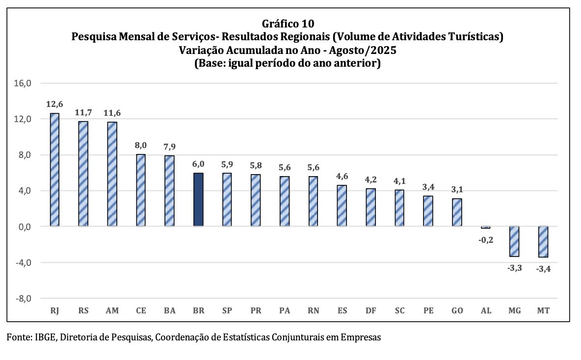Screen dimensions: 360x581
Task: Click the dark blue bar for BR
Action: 198,200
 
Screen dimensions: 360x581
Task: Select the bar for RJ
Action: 54,170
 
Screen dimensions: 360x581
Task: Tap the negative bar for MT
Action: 543,241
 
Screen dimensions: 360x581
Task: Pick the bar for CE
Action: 141,190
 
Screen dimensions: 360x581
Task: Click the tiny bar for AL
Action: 486,228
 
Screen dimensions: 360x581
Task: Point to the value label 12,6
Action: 54,104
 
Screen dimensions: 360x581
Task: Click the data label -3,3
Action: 514,267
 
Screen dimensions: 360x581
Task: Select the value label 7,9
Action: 169,146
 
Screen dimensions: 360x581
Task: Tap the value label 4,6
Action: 342,176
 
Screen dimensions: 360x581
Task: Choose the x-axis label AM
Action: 112,311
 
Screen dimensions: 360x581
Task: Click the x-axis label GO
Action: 457,311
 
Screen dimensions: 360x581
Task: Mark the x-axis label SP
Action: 227,311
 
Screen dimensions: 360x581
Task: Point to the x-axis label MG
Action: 514,311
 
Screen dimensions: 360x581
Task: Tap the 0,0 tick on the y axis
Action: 24,227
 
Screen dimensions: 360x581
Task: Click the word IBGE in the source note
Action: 44,337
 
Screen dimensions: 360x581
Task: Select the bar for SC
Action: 399,208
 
